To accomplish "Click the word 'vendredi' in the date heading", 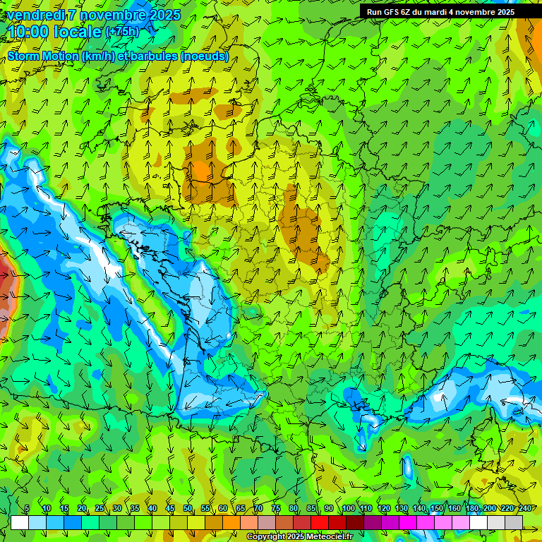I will point(35,15).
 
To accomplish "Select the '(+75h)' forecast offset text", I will point(122,32).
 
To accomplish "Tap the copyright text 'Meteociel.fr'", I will point(330,537).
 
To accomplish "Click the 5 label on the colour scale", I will point(27,509).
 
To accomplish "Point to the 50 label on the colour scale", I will point(188,509).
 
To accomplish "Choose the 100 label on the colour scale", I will point(349,509).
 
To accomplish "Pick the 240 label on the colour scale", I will point(525,509).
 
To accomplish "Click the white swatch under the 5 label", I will point(20,522).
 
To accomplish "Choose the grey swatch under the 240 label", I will point(514,522).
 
